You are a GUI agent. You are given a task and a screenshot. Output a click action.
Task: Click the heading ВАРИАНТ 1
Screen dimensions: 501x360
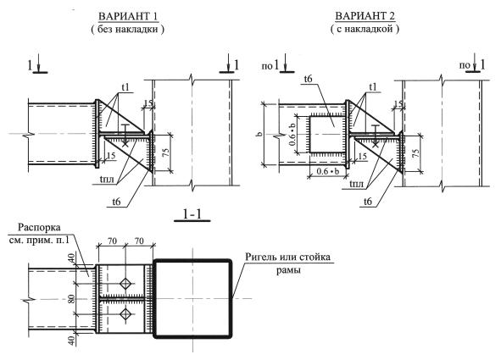[128, 17]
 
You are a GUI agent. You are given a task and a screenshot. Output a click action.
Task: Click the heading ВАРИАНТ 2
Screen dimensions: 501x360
[365, 16]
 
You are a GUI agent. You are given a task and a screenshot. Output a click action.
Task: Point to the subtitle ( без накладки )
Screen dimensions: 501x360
[127, 30]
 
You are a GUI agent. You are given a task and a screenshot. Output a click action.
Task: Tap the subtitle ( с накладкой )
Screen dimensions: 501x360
[365, 29]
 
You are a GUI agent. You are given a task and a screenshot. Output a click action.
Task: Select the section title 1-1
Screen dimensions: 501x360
[192, 214]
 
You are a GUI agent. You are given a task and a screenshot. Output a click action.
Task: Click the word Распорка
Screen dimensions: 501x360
[39, 228]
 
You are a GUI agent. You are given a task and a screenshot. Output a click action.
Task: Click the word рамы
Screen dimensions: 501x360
[288, 270]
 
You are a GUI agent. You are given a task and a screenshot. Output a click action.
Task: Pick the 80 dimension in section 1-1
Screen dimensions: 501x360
[71, 299]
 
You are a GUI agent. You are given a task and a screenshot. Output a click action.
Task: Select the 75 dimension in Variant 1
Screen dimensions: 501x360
[165, 153]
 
